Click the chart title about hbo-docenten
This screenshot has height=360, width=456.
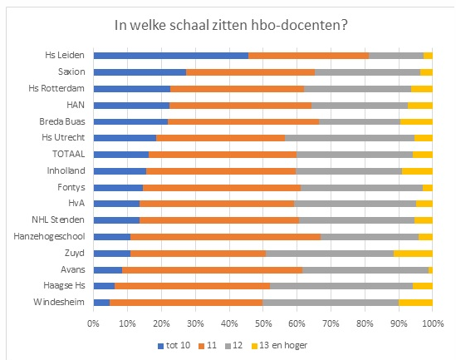230,25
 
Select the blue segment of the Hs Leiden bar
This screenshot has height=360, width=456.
170,56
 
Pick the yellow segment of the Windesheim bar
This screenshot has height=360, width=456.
415,303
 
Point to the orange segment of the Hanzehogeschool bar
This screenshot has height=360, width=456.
225,237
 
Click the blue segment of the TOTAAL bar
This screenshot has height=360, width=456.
121,155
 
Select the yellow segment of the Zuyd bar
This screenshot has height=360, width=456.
413,254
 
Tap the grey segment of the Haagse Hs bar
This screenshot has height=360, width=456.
341,286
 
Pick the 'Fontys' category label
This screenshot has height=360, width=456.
72,187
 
